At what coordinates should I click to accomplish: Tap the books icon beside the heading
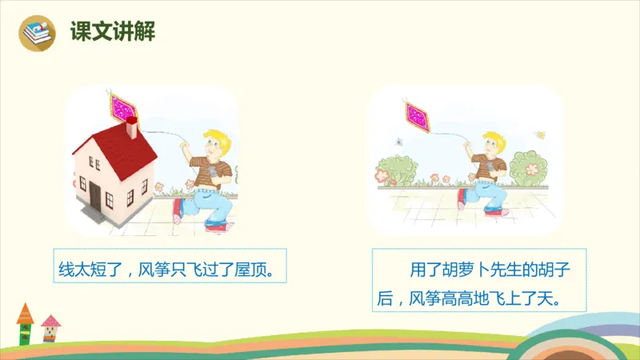pyautogui.click(x=38, y=34)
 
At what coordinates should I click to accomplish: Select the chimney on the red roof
pyautogui.click(x=132, y=127)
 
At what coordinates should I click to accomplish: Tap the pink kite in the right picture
pyautogui.click(x=418, y=115)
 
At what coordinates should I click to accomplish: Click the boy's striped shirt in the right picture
pyautogui.click(x=488, y=169)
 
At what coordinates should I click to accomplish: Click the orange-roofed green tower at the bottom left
pyautogui.click(x=26, y=322)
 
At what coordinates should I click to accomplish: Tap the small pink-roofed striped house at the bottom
pyautogui.click(x=50, y=328)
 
